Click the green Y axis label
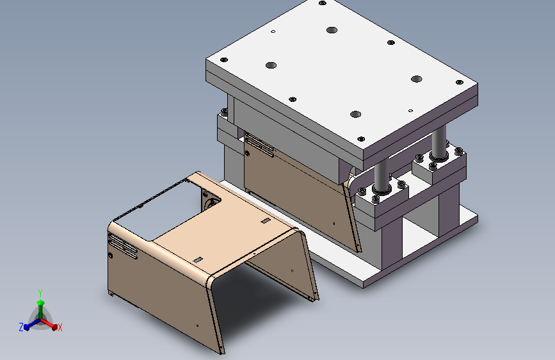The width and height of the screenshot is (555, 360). [x=40, y=293]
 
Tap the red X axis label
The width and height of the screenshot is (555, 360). [x=60, y=328]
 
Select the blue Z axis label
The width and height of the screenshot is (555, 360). [x=21, y=327]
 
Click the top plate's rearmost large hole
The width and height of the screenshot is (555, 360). [x=332, y=30]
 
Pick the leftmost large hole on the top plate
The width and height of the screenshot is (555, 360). [x=271, y=65]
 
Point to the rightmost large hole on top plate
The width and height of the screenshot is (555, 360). [x=416, y=79]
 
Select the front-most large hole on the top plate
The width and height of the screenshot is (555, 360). [x=355, y=115]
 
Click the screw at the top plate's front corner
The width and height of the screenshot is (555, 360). [x=361, y=139]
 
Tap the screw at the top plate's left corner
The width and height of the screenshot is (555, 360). [x=223, y=60]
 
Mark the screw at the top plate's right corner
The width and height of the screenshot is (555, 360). [x=460, y=82]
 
